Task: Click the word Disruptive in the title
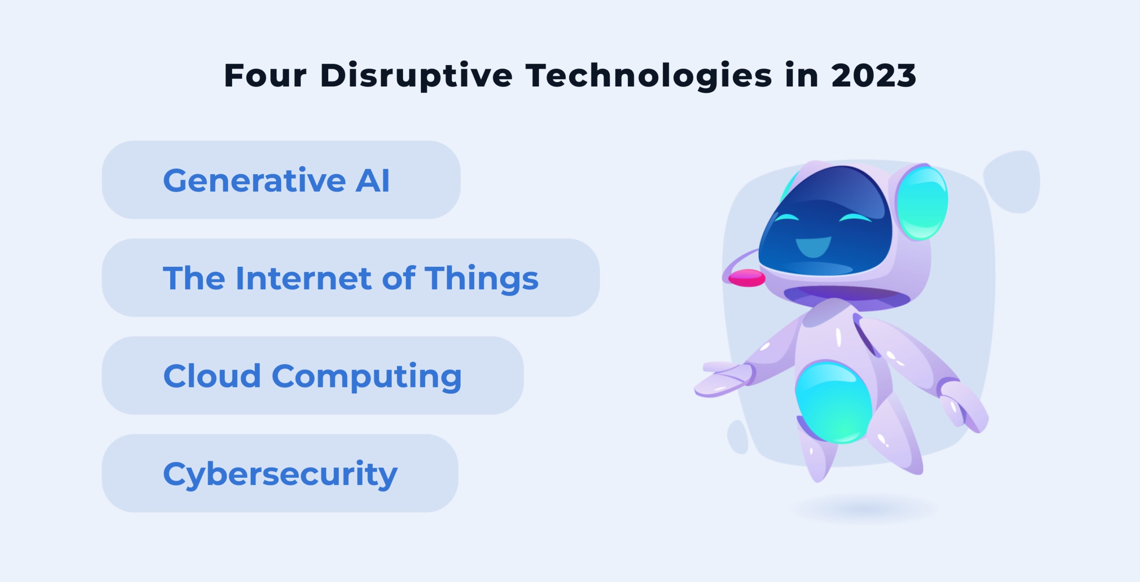pos(416,76)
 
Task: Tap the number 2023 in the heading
pos(873,76)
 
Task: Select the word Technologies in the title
pos(648,76)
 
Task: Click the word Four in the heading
pos(265,76)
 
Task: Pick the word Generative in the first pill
pos(254,180)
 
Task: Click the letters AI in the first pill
pos(372,180)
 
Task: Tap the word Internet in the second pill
pos(303,278)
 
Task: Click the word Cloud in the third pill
pos(212,376)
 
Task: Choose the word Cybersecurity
pos(280,475)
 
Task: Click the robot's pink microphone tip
pos(747,278)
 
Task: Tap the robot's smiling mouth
pos(813,246)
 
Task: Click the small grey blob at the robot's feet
pos(738,437)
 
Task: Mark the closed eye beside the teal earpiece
pos(855,218)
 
